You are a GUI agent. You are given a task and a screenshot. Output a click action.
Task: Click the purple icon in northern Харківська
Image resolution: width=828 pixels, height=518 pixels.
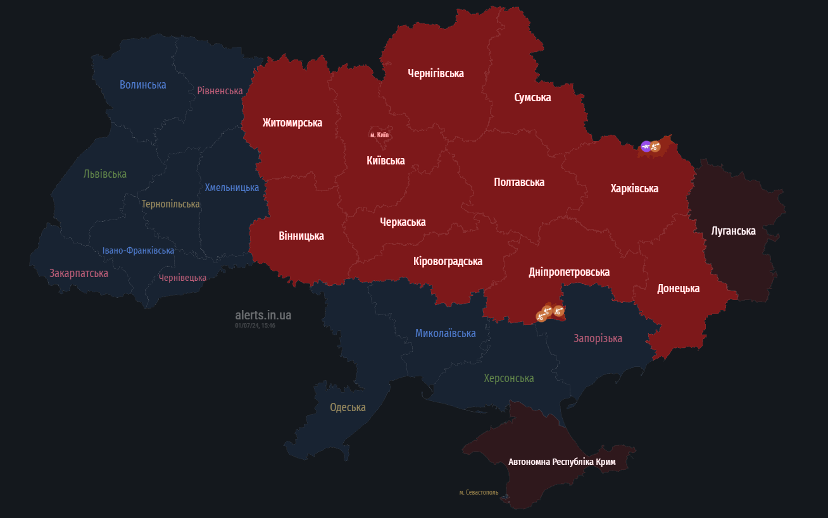click(646, 146)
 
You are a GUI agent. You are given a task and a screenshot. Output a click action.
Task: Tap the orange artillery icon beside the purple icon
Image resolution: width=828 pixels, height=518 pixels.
click(655, 147)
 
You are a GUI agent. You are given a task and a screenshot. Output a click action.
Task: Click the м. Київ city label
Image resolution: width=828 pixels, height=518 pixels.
click(379, 135)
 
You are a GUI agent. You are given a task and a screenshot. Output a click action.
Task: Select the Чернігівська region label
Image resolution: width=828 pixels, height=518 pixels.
click(436, 73)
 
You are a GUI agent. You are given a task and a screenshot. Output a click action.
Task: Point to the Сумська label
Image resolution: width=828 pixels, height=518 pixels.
click(532, 97)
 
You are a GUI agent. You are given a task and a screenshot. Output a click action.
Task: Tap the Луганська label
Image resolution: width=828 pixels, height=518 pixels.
click(733, 231)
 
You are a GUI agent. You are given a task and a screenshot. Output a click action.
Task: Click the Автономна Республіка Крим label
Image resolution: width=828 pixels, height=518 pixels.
click(561, 462)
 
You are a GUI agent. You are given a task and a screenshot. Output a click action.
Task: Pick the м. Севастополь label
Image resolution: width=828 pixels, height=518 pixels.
click(479, 492)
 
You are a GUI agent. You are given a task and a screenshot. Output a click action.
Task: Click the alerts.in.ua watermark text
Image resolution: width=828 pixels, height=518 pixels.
click(263, 315)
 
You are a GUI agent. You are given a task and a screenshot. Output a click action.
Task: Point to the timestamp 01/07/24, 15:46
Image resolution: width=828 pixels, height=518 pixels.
click(255, 325)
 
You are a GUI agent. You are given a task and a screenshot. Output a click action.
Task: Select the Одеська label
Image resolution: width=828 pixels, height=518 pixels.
click(348, 407)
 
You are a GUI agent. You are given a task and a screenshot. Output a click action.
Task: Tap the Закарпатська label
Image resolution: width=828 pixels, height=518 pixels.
click(78, 273)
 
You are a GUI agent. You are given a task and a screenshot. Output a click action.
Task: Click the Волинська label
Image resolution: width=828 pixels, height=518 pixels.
click(142, 85)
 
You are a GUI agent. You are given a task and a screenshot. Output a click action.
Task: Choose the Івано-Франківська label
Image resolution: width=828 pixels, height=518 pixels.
click(138, 250)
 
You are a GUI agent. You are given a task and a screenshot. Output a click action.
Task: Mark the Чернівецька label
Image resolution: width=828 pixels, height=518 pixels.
click(182, 278)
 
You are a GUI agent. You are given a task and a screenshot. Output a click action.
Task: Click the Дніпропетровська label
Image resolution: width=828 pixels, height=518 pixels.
click(569, 272)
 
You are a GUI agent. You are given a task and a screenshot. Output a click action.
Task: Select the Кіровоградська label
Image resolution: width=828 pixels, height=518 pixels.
click(448, 261)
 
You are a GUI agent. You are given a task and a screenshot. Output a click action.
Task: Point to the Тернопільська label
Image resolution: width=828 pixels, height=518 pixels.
click(170, 204)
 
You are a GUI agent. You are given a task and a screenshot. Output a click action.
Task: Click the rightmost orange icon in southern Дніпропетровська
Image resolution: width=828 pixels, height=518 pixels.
click(558, 311)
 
